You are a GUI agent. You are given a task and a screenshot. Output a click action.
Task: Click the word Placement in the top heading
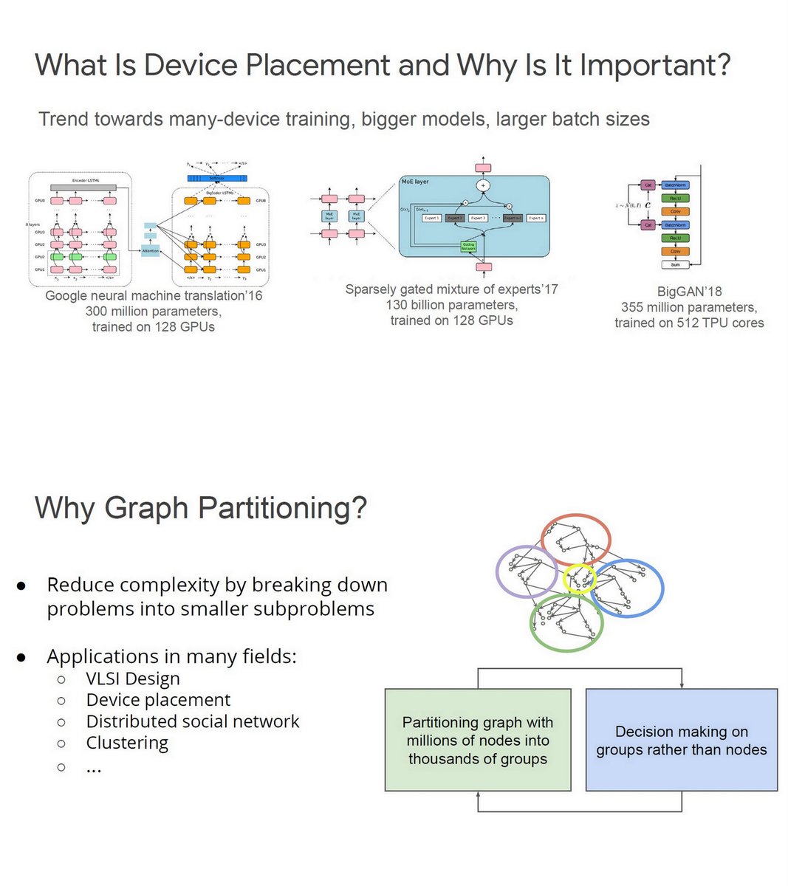pos(317,66)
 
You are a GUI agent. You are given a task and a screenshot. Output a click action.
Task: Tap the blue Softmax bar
pos(217,178)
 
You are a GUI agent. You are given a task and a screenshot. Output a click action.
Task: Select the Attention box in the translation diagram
pos(150,251)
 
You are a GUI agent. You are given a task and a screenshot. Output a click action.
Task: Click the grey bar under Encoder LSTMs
pos(83,188)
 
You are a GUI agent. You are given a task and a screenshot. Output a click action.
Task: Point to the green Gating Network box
pos(468,247)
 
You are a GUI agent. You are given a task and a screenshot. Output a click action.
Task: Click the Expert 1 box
pos(431,218)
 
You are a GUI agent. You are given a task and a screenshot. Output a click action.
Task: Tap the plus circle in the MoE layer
pos(483,185)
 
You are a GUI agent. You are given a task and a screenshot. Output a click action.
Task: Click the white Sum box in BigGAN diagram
pos(675,264)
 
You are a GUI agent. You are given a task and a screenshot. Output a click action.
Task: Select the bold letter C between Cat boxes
pos(647,205)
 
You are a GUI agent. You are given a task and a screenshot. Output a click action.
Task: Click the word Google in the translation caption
pos(67,296)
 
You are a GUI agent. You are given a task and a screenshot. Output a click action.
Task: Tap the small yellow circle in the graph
pos(578,579)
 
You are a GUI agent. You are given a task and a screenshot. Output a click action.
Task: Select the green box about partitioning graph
pos(478,740)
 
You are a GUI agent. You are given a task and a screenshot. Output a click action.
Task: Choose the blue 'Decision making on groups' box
pos(681,740)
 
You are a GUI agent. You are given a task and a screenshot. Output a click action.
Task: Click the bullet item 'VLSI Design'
pos(133,679)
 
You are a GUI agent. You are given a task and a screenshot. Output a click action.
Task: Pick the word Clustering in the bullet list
pos(127,743)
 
